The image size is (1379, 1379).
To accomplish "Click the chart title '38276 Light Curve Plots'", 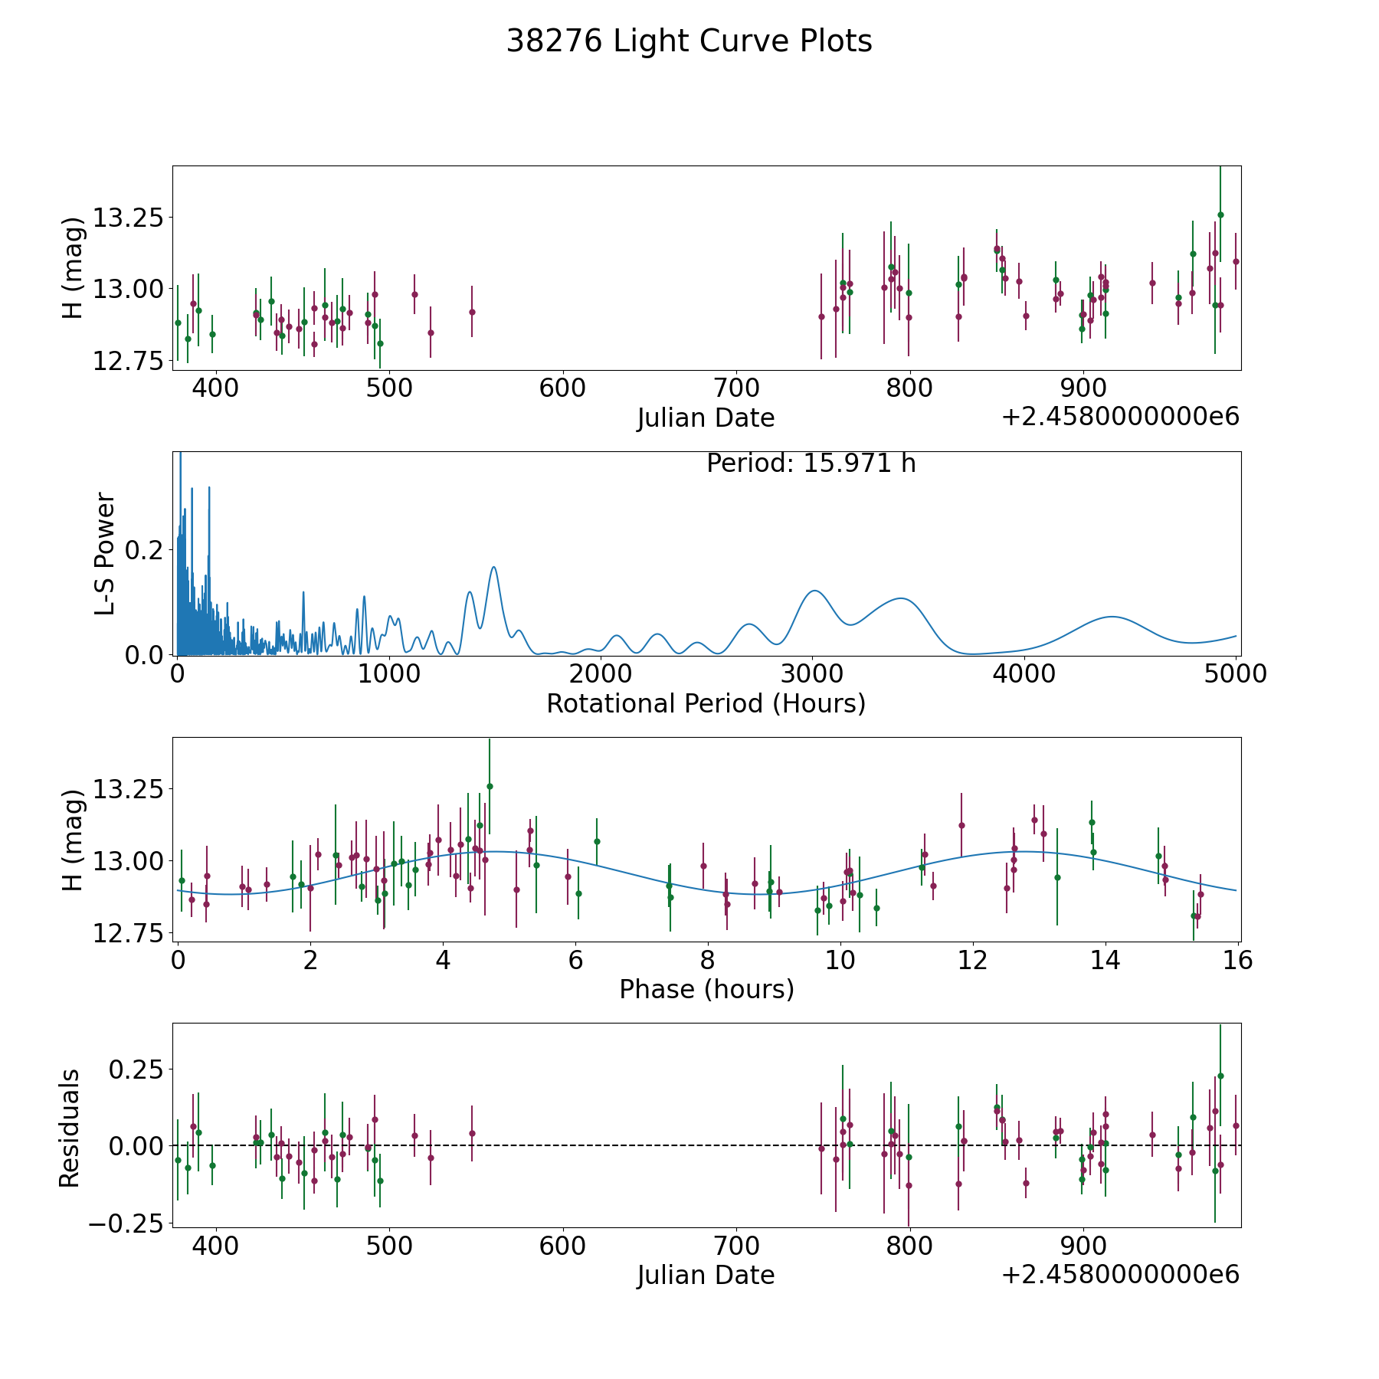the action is tap(689, 41).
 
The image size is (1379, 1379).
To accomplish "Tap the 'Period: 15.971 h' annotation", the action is tap(811, 463).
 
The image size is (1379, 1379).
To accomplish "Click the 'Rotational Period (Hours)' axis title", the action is tap(706, 703).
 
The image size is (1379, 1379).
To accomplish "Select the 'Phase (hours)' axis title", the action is tap(706, 989).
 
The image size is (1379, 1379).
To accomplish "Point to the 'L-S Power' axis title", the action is tap(106, 554).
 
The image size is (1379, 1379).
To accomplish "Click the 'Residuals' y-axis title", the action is tap(70, 1128).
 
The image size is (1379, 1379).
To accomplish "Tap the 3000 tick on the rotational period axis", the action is tap(812, 673).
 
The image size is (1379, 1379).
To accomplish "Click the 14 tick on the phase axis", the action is tap(1105, 960).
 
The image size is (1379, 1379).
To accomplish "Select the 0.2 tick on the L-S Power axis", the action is tap(146, 550).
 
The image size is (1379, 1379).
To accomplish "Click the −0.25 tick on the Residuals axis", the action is tap(126, 1223).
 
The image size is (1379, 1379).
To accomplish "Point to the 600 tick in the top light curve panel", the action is tap(562, 388).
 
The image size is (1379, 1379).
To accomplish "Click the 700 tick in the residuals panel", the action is tap(735, 1245).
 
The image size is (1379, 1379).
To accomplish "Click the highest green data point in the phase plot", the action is tap(490, 786).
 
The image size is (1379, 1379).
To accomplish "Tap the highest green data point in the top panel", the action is tap(1220, 215).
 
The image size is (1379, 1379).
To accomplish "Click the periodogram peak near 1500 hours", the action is tap(494, 567).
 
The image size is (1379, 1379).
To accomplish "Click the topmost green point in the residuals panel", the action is tap(1220, 1076).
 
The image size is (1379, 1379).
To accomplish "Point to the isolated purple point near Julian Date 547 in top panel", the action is tap(472, 312).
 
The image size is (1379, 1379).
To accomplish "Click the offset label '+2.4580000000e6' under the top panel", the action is tap(1121, 417).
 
